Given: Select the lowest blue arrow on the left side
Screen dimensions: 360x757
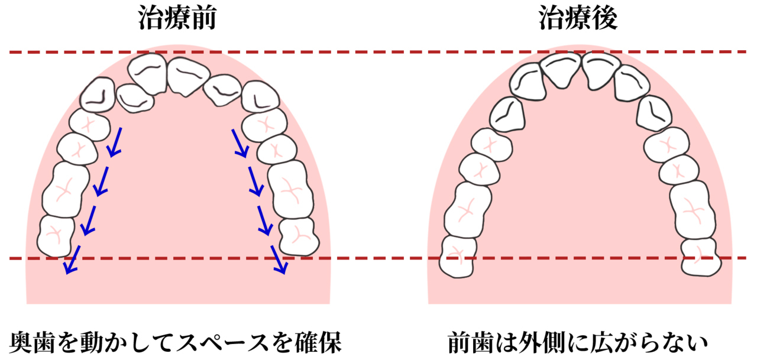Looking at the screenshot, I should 72,261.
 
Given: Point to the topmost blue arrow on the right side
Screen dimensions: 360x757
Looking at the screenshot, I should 239,142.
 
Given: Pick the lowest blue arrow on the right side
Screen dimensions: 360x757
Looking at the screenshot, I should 279,261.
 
